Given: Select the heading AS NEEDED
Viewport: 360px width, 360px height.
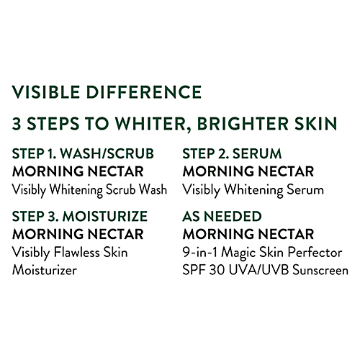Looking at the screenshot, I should (x=222, y=216).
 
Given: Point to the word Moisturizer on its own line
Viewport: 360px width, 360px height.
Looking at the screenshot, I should (x=44, y=271).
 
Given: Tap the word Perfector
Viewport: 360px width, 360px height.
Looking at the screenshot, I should (x=317, y=253).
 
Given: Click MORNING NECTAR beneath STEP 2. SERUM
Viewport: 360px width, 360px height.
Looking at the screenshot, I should (x=248, y=172).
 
